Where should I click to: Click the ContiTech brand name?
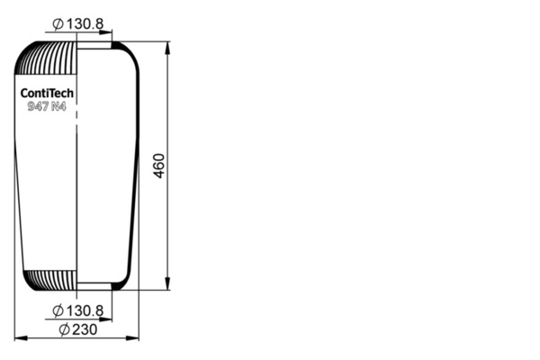47,93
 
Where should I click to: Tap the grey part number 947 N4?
47,106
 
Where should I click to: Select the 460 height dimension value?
158,166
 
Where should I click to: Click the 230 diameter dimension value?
85,329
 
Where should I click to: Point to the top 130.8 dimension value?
85,23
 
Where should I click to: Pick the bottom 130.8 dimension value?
85,310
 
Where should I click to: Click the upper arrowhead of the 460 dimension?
167,48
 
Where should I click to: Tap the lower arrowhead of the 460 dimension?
167,283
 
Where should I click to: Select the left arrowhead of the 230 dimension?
21,338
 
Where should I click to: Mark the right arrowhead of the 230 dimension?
132,338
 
